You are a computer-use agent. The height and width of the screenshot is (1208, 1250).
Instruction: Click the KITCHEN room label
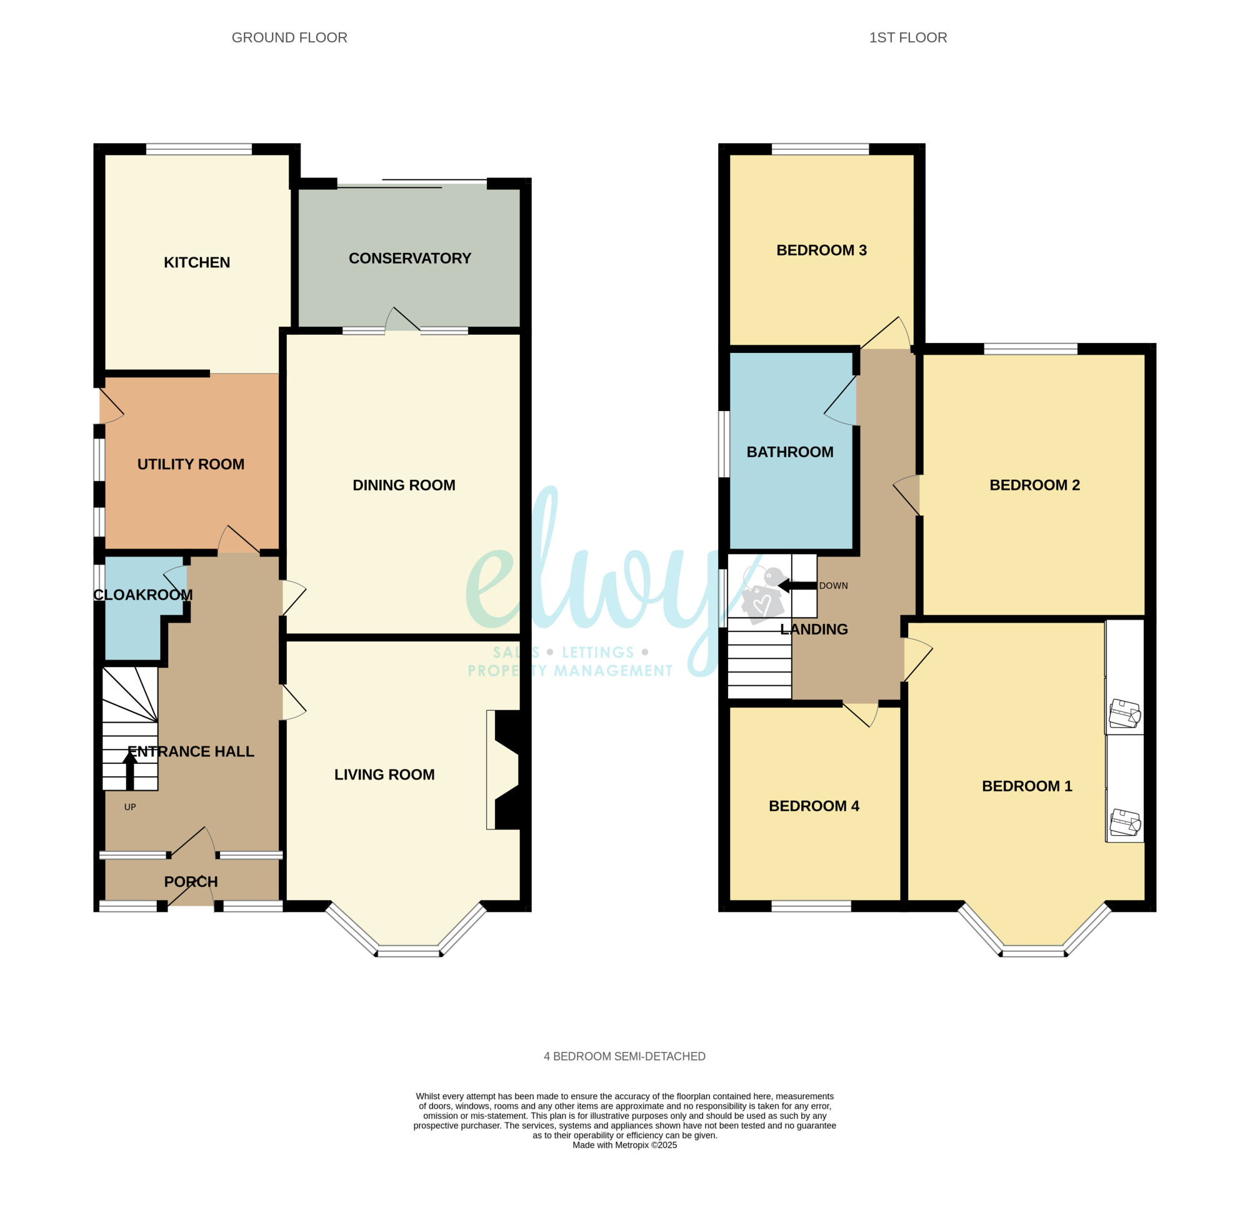coord(196,262)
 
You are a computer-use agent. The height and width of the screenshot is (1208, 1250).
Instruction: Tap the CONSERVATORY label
coord(409,258)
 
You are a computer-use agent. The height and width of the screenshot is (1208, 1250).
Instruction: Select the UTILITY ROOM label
coord(191,464)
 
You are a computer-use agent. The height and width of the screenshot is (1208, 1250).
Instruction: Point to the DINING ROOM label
coord(404,485)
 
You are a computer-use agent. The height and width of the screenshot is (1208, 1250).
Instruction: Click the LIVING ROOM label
coord(384,775)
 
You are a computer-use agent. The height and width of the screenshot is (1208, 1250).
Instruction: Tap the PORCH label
coord(191,881)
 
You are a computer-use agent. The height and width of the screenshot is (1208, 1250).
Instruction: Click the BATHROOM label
coord(789,452)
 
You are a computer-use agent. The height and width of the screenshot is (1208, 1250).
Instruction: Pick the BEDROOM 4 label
coord(814,806)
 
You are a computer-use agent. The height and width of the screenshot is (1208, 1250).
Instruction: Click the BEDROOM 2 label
coord(1034,485)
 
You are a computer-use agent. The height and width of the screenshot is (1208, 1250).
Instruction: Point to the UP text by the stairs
coord(130,807)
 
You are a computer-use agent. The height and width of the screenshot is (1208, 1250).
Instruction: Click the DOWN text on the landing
coord(834,586)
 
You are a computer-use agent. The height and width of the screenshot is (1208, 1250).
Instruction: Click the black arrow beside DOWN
coord(797,585)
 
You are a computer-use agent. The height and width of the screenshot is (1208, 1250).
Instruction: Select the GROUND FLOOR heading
coord(289,37)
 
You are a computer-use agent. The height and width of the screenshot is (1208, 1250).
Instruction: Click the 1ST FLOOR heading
coord(907,37)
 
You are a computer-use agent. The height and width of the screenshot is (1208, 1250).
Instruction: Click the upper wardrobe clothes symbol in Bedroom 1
coord(1124,714)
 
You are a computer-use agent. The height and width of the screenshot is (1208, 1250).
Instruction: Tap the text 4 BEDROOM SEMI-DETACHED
coord(624,1056)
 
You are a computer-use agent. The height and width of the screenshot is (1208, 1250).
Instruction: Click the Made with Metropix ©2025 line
coord(624,1145)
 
